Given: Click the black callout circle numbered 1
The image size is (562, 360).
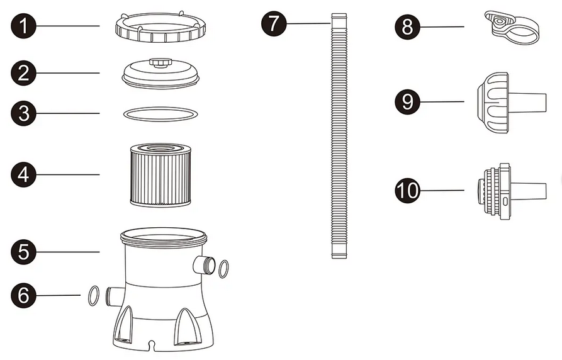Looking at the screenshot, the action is pos(24,26).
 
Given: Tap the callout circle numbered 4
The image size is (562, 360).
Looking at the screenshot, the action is pos(24,174).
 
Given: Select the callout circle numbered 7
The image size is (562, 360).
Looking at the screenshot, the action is pos(274,24).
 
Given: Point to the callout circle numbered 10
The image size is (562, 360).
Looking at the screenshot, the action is pos(408,191).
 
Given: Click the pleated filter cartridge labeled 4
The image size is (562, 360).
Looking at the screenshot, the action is pos(160,175).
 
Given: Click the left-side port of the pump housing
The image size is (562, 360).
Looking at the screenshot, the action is pos(115,296).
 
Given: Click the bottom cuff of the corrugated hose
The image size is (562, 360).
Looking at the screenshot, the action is pos(339,250).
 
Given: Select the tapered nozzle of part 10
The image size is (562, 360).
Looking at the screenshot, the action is pos(528,192).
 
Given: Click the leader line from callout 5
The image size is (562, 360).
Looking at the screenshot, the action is pos(68,252).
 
